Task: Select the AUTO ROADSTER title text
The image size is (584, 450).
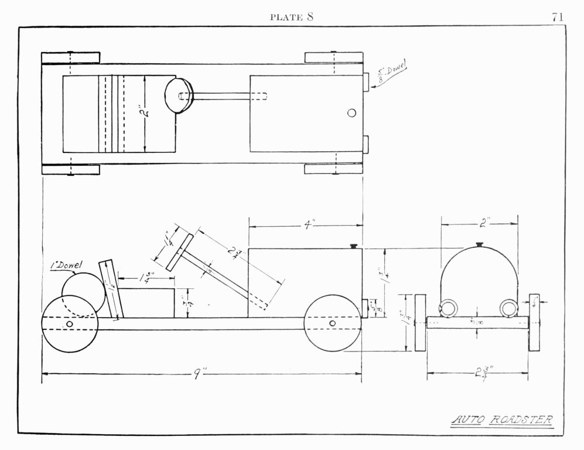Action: pyautogui.click(x=503, y=420)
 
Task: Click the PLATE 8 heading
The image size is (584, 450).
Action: pyautogui.click(x=292, y=17)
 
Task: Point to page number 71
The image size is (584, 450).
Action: pyautogui.click(x=557, y=17)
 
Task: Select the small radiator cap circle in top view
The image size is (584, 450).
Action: pyautogui.click(x=351, y=113)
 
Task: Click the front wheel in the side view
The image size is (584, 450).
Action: pyautogui.click(x=332, y=323)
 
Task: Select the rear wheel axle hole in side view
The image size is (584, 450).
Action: pyautogui.click(x=70, y=324)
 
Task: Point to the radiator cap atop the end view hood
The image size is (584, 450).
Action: pyautogui.click(x=479, y=244)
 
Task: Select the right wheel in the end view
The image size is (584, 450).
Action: pyautogui.click(x=534, y=322)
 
